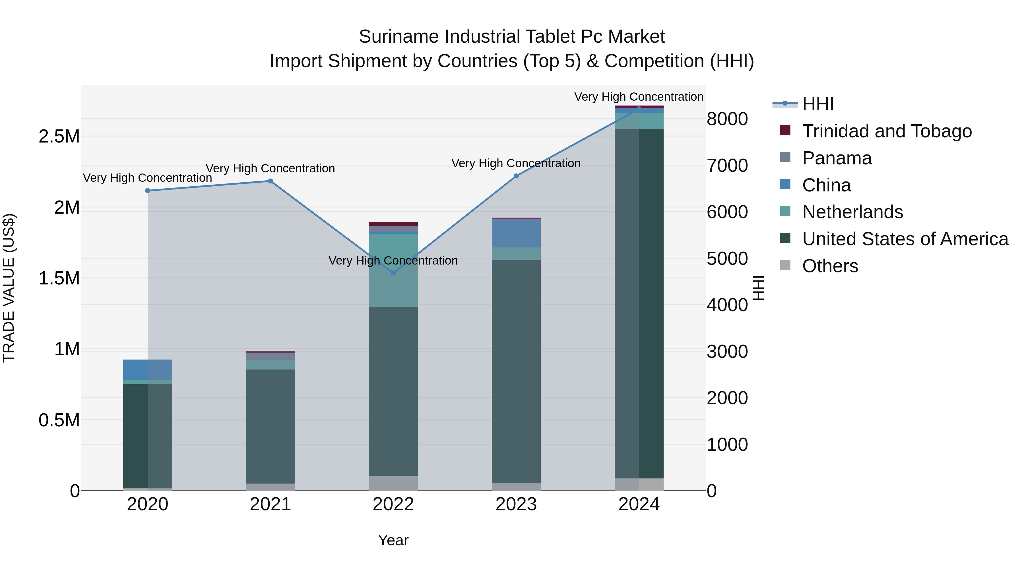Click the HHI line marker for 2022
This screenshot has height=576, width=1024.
pyautogui.click(x=393, y=273)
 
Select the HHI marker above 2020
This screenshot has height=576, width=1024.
pyautogui.click(x=147, y=191)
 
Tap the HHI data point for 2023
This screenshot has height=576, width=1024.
pyautogui.click(x=516, y=176)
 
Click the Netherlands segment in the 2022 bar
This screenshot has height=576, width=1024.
pyautogui.click(x=393, y=270)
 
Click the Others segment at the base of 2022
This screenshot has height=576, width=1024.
pyautogui.click(x=393, y=483)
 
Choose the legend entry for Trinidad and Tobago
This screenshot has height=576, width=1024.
pyautogui.click(x=886, y=131)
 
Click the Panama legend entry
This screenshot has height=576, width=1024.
pyautogui.click(x=837, y=158)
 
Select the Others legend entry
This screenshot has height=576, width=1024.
pyautogui.click(x=830, y=266)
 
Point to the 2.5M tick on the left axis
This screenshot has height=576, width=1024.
pyautogui.click(x=59, y=136)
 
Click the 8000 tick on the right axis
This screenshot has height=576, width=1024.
pyautogui.click(x=727, y=119)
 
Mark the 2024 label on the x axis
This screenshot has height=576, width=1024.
pyautogui.click(x=639, y=504)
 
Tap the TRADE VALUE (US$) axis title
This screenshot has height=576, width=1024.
pyautogui.click(x=9, y=288)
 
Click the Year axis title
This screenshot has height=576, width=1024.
pyautogui.click(x=393, y=540)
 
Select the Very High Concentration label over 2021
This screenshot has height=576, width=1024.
pyautogui.click(x=270, y=169)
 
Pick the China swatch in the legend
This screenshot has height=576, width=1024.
pyautogui.click(x=785, y=184)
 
